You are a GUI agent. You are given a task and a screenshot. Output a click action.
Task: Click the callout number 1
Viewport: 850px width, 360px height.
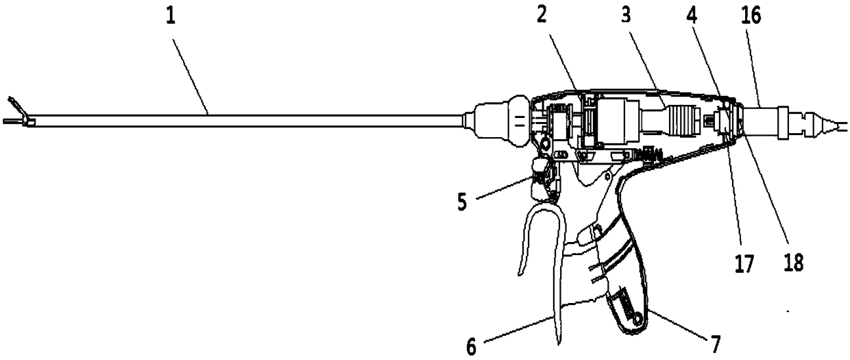click(171, 16)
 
